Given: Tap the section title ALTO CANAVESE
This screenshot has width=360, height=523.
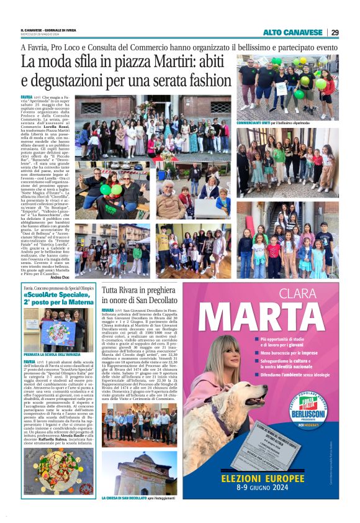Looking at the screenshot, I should click(x=292, y=32).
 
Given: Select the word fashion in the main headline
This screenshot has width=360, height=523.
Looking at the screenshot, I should click(x=207, y=80).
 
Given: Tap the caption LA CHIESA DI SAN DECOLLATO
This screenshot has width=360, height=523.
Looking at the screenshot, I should click(x=128, y=498).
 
